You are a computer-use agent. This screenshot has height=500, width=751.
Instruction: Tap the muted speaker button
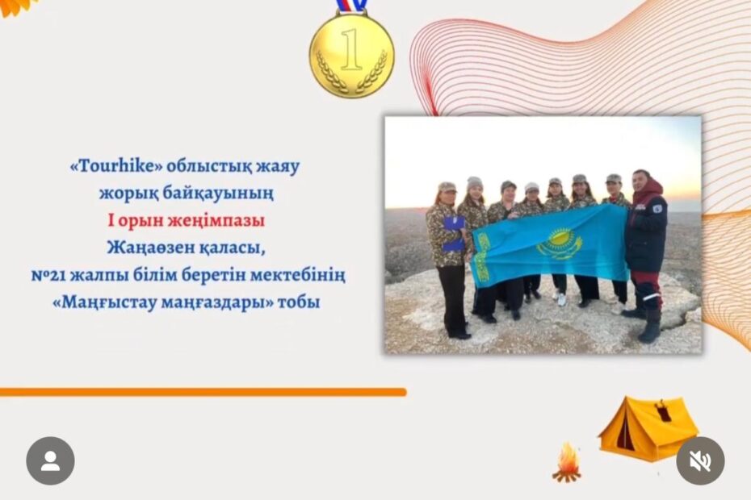(700, 460)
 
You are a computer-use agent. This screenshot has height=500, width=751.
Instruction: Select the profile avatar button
(50, 460)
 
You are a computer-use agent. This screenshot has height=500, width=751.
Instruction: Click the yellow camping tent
(648, 428)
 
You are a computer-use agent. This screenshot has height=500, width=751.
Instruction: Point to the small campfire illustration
(567, 462)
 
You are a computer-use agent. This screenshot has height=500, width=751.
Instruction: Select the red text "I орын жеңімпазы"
(186, 221)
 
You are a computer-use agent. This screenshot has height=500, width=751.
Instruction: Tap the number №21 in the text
(49, 275)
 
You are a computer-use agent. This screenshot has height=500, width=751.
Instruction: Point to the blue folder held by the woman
(453, 234)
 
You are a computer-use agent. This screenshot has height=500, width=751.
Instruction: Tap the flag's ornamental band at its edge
(480, 258)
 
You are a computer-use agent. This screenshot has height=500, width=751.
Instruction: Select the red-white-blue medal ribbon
(351, 6)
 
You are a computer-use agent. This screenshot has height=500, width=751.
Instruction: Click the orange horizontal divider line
(203, 393)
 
